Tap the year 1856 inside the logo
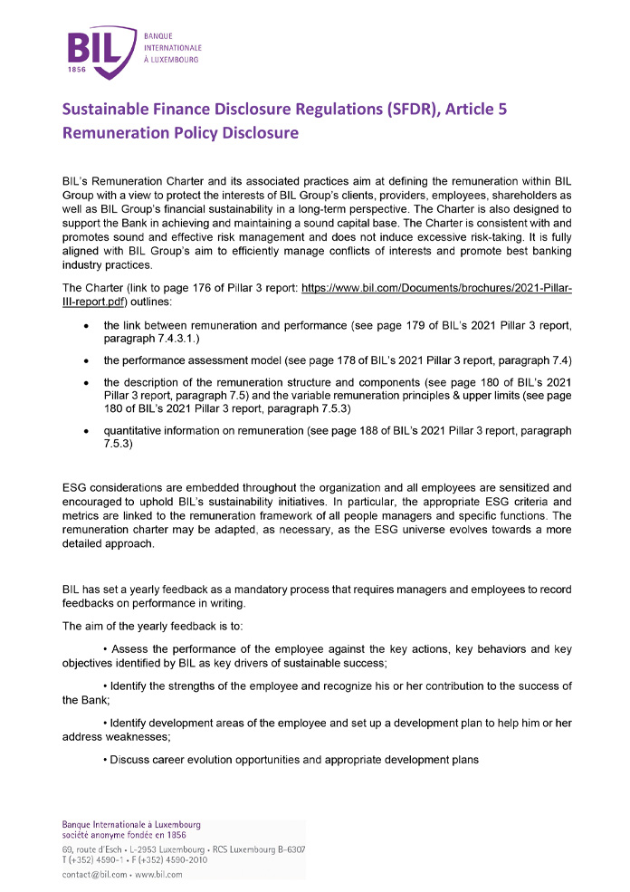[80, 70]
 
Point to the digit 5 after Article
[531, 110]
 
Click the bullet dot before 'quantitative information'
[85, 431]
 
